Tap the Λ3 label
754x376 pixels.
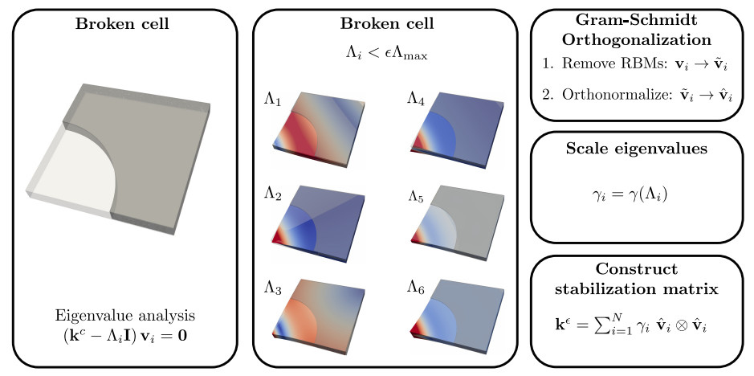(273, 285)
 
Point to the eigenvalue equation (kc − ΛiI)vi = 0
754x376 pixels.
(124, 331)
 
